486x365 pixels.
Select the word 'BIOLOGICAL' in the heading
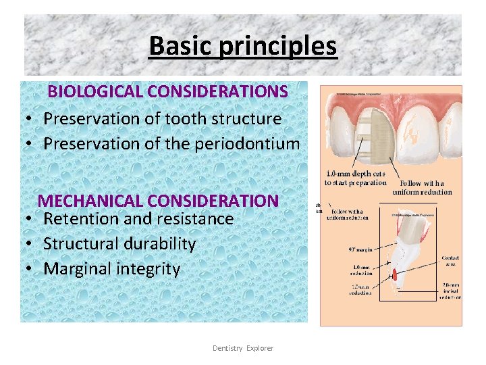click(x=95, y=91)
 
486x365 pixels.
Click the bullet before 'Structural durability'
click(x=31, y=244)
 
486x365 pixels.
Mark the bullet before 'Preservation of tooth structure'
click(x=31, y=119)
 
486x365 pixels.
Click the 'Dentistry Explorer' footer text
click(x=243, y=348)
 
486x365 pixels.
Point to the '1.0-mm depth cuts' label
click(x=355, y=178)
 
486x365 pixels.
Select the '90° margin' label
click(x=361, y=249)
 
